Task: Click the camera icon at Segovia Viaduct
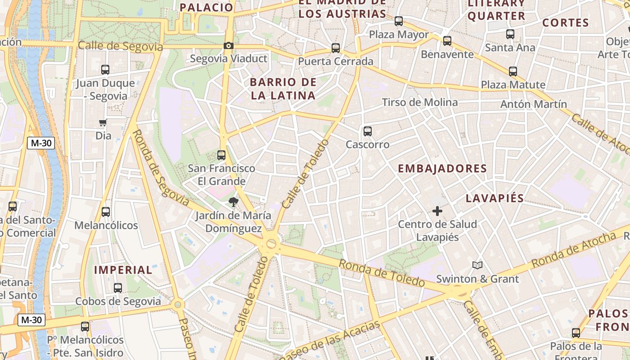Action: point(229,45)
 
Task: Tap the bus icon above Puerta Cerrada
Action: point(335,48)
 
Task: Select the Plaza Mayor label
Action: point(399,35)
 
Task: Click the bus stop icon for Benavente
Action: point(447,41)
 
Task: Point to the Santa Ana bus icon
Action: point(510,34)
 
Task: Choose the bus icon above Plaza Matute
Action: point(513,72)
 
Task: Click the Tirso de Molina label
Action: point(419,103)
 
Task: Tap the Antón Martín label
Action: point(534,104)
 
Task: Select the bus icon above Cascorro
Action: point(368,131)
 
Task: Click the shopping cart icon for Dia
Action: point(103,123)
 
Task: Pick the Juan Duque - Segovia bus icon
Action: point(105,70)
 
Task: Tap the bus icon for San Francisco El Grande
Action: point(221,155)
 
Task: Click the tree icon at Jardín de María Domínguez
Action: point(233,202)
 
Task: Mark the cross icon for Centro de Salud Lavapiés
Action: point(437,211)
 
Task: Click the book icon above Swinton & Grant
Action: point(477,265)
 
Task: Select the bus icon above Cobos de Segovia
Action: point(118,288)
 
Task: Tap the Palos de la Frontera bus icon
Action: point(576,333)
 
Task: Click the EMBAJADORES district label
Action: point(442,169)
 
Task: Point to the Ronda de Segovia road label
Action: point(161,168)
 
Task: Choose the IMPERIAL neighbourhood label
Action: point(123,270)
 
